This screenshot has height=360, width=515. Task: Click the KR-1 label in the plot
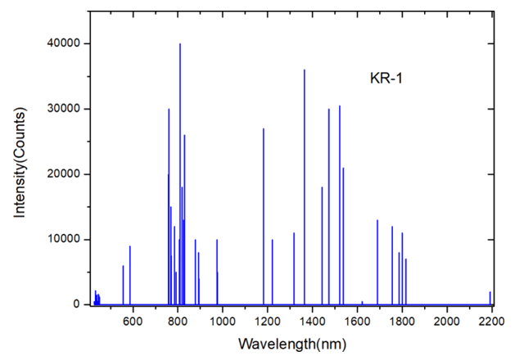388,79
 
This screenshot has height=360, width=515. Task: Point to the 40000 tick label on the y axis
62,43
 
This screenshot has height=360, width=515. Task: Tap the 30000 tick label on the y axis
62,109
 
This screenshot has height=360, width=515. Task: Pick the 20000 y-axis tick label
62,174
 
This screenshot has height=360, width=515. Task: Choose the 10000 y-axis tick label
62,240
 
